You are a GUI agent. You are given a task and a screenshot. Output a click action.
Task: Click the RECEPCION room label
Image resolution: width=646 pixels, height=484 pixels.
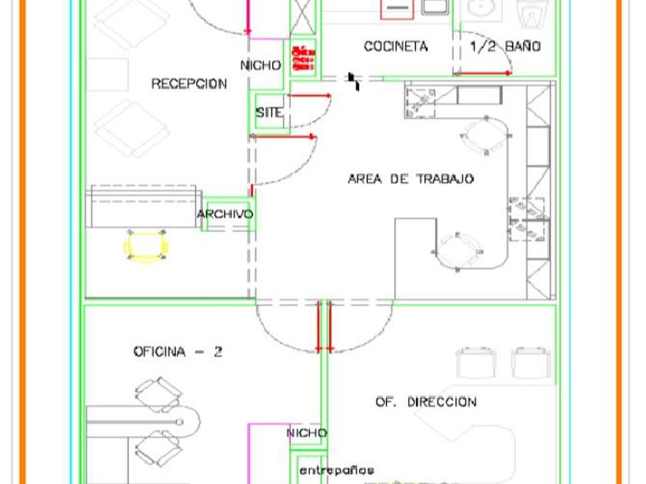click(188, 84)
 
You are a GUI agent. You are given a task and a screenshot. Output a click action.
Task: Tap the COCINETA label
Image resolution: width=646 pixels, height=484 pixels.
click(395, 47)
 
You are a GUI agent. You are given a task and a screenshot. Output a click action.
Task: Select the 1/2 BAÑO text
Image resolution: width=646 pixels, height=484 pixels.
click(504, 47)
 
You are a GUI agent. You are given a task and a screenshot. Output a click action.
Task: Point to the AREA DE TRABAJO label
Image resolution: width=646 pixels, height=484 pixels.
click(411, 179)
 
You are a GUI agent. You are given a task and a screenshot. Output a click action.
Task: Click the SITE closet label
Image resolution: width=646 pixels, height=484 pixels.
click(269, 112)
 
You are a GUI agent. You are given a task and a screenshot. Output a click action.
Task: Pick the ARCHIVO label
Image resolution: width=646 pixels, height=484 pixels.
click(225, 214)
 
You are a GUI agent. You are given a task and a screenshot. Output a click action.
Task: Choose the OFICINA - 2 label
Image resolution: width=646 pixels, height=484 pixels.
click(178, 352)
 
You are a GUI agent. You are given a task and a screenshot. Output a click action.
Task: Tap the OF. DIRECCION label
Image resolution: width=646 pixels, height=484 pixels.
click(425, 402)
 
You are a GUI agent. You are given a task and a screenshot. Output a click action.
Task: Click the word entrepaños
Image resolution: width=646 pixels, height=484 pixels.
click(336, 469)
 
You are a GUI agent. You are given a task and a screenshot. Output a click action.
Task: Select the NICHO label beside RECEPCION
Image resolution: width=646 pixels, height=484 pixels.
click(261, 65)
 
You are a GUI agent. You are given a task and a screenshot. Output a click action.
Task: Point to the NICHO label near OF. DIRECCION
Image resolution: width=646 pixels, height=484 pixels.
click(307, 433)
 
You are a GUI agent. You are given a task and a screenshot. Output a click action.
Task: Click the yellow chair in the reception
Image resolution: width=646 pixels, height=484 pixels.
click(146, 246)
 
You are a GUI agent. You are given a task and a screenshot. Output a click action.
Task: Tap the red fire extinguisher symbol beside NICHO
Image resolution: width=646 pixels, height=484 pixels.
click(302, 58)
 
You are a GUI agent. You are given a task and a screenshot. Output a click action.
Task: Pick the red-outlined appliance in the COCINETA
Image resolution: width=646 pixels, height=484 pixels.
click(398, 8)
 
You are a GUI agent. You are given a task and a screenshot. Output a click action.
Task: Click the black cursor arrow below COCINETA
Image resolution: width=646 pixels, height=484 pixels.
click(354, 81)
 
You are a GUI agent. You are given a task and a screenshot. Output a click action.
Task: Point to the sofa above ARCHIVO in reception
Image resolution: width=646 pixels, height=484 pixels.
click(143, 205)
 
